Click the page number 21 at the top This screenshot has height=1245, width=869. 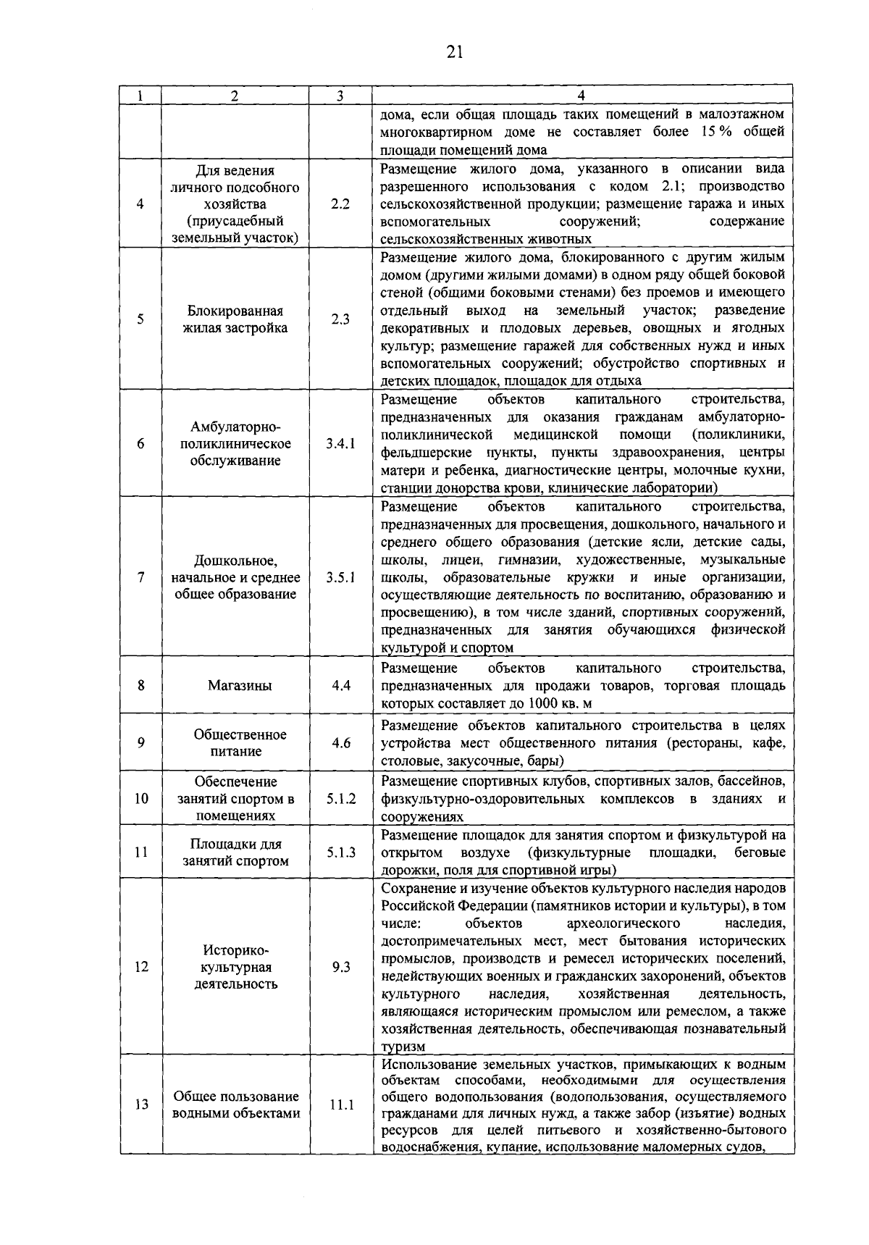[x=454, y=51]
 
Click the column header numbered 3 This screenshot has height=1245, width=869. [x=340, y=96]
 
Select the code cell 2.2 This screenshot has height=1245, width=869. [x=340, y=204]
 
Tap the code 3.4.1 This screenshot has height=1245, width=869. [x=340, y=444]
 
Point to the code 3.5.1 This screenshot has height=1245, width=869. [x=340, y=577]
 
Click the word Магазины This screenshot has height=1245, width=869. [x=235, y=685]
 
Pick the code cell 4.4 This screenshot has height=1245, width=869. [x=340, y=685]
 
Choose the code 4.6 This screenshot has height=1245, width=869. [x=340, y=743]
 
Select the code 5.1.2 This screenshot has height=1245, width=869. [x=340, y=799]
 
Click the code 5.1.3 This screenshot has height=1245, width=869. [x=340, y=852]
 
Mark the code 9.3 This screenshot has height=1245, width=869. [x=340, y=967]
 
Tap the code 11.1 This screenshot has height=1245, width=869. [x=340, y=1106]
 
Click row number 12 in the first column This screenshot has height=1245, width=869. [x=141, y=967]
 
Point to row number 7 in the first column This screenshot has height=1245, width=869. [x=141, y=577]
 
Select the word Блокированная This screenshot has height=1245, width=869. [x=235, y=311]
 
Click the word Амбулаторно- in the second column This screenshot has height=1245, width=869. [x=235, y=427]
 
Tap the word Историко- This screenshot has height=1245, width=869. [x=235, y=950]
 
